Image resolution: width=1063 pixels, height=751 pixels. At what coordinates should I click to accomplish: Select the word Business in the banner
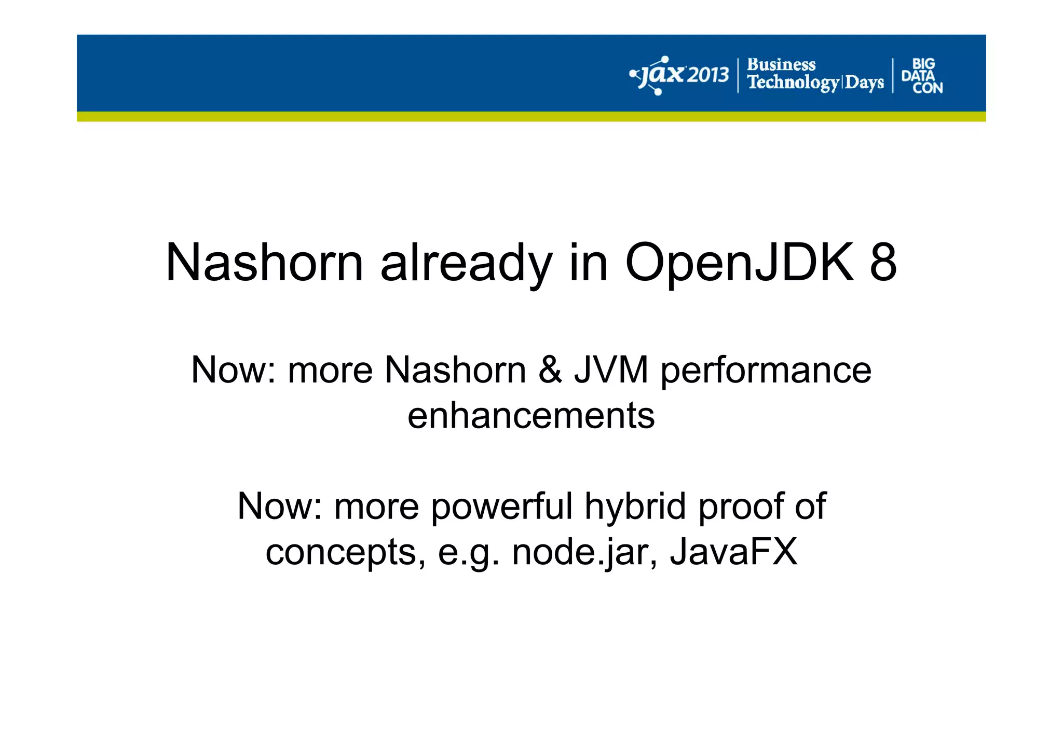pyautogui.click(x=781, y=65)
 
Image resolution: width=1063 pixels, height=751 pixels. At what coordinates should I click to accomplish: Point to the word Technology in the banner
pyautogui.click(x=793, y=83)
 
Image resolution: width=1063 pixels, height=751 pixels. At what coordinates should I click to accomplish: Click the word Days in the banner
pyautogui.click(x=864, y=83)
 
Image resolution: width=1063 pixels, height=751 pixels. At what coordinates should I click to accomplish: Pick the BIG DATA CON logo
pyautogui.click(x=922, y=76)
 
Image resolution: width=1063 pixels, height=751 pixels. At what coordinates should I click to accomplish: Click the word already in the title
pyautogui.click(x=466, y=264)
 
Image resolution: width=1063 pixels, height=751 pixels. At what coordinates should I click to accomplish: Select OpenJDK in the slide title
pyautogui.click(x=739, y=264)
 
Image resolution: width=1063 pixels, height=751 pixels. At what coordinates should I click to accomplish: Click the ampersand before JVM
pyautogui.click(x=550, y=370)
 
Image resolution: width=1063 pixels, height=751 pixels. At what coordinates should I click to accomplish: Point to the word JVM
pyautogui.click(x=611, y=370)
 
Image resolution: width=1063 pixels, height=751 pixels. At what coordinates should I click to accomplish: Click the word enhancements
pyautogui.click(x=531, y=416)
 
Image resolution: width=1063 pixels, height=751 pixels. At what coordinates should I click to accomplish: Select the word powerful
pyautogui.click(x=501, y=507)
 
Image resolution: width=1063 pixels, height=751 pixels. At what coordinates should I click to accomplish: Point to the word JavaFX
pyautogui.click(x=733, y=552)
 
